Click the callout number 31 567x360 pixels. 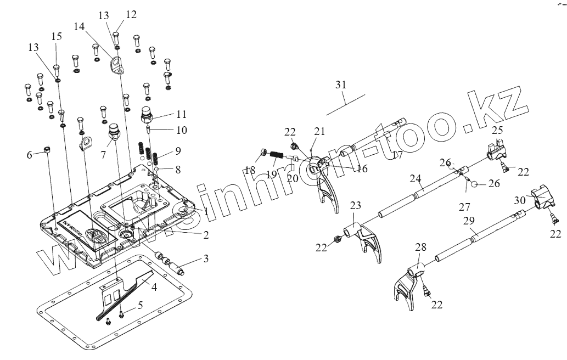[341, 85]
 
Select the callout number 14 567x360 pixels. [80, 26]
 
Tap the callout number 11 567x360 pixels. [181, 115]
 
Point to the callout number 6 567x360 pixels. [30, 155]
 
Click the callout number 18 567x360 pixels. [250, 171]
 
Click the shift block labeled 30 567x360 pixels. [541, 196]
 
